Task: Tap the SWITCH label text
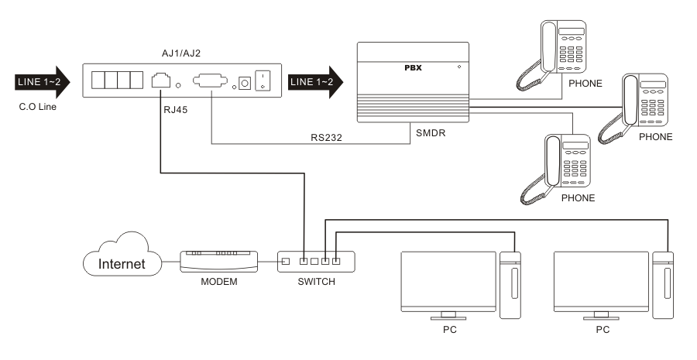[x=317, y=282]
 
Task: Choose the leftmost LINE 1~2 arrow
[x=39, y=81]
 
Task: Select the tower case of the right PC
[x=664, y=283]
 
